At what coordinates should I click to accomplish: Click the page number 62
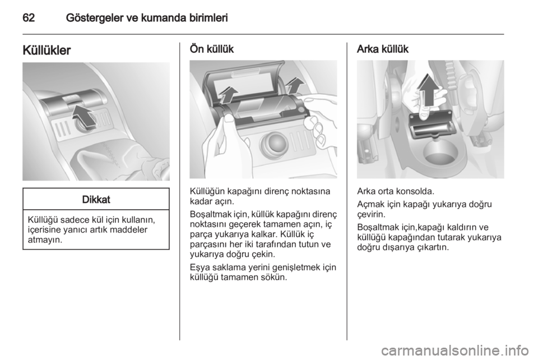(29, 18)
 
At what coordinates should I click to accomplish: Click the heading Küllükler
(47, 50)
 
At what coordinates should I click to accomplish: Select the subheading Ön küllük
(212, 49)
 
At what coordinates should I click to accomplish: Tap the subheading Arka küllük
(383, 49)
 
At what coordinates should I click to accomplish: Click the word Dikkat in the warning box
(96, 200)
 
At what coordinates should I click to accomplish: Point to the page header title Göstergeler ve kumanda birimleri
(147, 18)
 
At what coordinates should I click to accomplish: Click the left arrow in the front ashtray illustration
(228, 95)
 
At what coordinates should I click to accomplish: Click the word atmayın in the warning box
(45, 240)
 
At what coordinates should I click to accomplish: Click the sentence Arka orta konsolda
(396, 191)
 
